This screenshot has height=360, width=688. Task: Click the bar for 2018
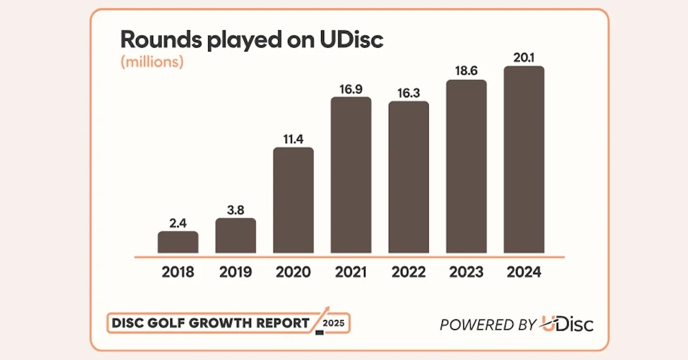[178, 242]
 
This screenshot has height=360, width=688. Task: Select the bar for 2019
[236, 236]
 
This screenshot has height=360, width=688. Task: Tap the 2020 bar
[293, 201]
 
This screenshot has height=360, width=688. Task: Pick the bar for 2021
[351, 175]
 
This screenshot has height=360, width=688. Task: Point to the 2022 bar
[408, 178]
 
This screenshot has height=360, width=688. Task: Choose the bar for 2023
[466, 167]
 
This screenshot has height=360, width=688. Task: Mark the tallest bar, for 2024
[523, 160]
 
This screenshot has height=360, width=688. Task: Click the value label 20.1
[523, 57]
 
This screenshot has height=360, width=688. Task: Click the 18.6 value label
[466, 71]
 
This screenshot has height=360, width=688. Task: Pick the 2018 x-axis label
[178, 272]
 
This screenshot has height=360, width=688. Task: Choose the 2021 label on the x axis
[351, 272]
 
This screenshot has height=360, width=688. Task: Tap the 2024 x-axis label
[523, 272]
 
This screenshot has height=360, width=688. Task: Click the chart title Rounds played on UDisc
[251, 40]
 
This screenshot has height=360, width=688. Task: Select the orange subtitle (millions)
[152, 62]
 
